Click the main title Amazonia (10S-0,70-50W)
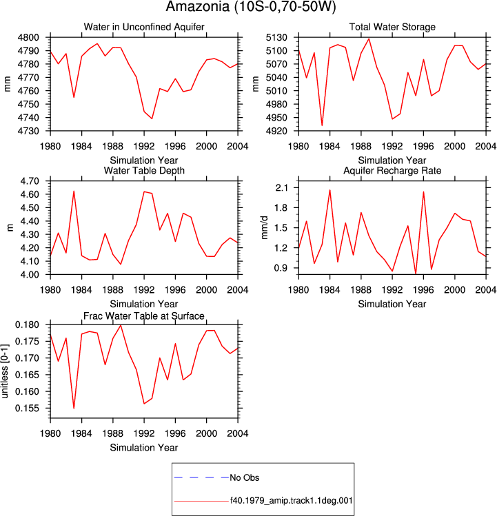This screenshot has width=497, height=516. [251, 7]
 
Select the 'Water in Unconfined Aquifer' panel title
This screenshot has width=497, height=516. [144, 27]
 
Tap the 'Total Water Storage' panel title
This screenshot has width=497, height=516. [392, 27]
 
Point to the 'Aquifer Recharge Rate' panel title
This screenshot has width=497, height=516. [392, 170]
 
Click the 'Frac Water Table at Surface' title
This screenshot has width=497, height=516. [144, 316]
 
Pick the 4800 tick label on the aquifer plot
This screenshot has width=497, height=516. [28, 37]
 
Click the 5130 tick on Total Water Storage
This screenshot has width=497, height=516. [276, 37]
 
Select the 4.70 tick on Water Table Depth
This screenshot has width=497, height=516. [30, 181]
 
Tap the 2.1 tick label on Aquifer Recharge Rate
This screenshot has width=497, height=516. [281, 188]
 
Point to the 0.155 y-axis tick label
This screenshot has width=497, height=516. [27, 409]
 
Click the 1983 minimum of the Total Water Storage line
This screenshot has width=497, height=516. [322, 125]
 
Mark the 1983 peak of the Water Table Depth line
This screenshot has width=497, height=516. [74, 192]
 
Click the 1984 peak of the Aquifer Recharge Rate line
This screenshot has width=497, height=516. [329, 190]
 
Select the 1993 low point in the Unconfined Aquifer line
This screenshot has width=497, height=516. [152, 118]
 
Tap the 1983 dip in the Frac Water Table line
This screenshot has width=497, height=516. [74, 409]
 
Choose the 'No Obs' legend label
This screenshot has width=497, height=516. [245, 477]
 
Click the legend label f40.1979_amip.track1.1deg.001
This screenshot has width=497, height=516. [291, 501]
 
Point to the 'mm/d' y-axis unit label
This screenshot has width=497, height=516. [265, 228]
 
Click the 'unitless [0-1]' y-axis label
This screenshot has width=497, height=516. [5, 371]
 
